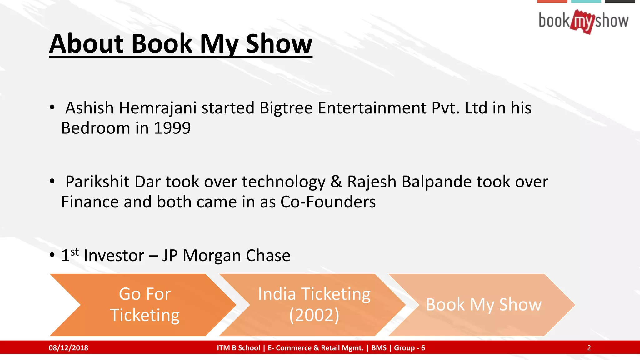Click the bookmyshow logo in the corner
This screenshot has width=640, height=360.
tap(583, 21)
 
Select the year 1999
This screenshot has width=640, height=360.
tap(172, 128)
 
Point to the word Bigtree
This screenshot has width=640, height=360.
tap(286, 108)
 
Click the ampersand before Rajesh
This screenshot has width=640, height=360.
tap(336, 182)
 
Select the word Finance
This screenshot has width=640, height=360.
tap(90, 202)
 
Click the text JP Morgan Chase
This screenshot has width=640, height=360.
tap(226, 256)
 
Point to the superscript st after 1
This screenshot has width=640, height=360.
tap(75, 252)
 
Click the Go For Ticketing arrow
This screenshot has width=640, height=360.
tap(144, 305)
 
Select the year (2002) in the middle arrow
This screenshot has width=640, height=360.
tap(314, 315)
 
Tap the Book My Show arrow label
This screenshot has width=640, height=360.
tap(483, 305)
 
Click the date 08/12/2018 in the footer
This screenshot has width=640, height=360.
tap(68, 348)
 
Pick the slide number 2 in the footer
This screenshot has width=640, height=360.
tap(589, 348)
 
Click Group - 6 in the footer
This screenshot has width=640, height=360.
tap(409, 348)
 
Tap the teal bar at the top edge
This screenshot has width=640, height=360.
tap(586, 1)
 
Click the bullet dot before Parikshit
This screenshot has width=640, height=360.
tap(52, 181)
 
